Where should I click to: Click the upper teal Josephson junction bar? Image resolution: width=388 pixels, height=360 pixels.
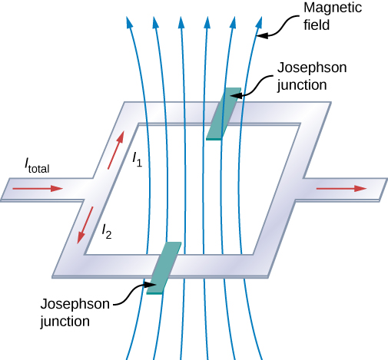coord(223,115)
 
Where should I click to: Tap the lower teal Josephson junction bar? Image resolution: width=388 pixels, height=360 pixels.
coord(164,267)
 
